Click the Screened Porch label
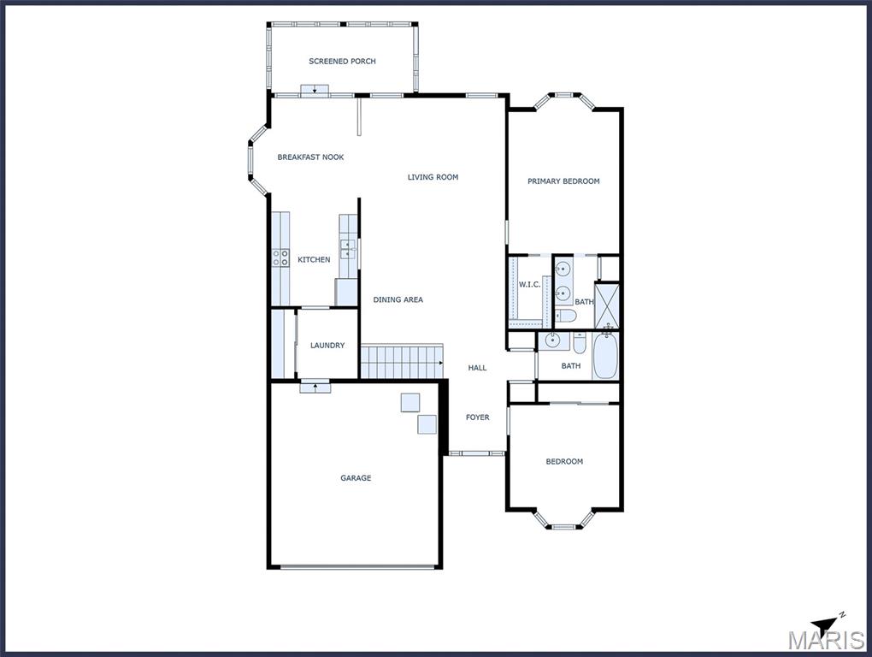(x=342, y=62)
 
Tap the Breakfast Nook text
(x=310, y=157)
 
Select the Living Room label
(x=433, y=177)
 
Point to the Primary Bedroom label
(x=563, y=181)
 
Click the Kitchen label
(x=314, y=259)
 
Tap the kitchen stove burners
(x=281, y=257)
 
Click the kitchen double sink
(x=349, y=249)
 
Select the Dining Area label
(x=398, y=299)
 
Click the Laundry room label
(x=327, y=345)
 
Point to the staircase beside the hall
(x=402, y=362)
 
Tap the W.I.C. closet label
(x=529, y=284)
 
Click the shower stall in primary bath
(x=606, y=305)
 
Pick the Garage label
(x=356, y=477)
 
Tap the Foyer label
(x=477, y=417)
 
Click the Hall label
(x=477, y=367)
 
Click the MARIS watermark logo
(x=826, y=640)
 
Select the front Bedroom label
(x=564, y=461)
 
